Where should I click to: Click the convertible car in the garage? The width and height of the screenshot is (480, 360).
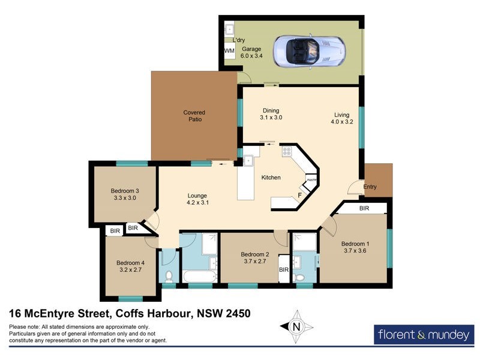(310, 51)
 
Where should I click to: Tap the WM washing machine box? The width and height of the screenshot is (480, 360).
(229, 51)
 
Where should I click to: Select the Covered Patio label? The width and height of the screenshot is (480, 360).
(194, 116)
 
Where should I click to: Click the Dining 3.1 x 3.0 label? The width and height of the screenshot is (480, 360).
(271, 114)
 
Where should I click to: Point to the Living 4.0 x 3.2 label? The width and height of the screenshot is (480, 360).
(341, 119)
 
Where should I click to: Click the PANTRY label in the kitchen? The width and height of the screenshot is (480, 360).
(311, 180)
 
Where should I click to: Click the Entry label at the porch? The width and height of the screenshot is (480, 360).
(370, 187)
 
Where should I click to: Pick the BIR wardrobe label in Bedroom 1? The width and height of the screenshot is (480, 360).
(364, 208)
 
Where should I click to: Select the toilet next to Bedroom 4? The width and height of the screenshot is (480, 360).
(169, 276)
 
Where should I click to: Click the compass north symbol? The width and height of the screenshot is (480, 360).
(295, 327)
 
